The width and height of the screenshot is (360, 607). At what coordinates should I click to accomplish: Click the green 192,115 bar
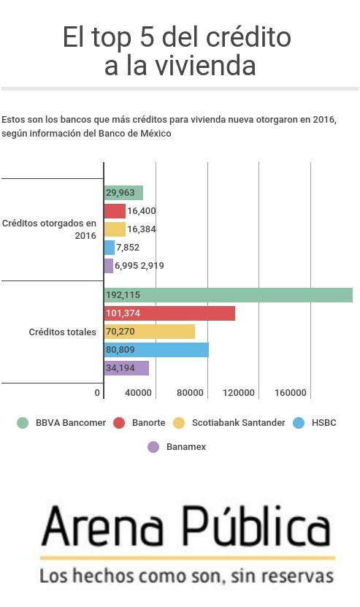(229, 295)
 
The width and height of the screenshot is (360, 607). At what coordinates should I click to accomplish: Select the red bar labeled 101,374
(169, 313)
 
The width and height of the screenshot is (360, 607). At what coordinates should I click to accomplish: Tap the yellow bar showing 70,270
(150, 332)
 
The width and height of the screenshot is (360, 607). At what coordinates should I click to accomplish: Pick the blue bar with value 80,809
(156, 350)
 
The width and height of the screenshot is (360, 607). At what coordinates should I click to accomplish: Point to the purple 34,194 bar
(126, 368)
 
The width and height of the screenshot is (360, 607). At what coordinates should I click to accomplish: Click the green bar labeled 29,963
(123, 193)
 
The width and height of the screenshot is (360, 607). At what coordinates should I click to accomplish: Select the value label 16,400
(141, 211)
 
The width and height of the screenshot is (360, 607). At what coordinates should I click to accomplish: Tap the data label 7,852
(128, 248)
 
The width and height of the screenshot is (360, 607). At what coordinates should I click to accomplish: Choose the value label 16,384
(141, 229)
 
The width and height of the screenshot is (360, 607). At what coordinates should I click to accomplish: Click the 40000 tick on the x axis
(138, 393)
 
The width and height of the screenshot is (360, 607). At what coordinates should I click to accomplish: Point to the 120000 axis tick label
(239, 393)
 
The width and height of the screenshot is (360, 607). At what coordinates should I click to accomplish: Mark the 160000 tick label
(291, 393)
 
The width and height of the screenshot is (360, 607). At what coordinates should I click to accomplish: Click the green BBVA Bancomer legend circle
(23, 423)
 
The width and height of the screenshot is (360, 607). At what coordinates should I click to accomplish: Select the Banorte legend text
(149, 423)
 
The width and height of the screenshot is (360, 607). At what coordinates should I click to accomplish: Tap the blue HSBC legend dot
(299, 423)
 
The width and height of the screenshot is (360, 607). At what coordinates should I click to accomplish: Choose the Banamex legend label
(186, 447)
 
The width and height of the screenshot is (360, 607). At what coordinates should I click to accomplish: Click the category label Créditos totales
(62, 332)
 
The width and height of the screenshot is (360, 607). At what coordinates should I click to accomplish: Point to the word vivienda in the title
(205, 66)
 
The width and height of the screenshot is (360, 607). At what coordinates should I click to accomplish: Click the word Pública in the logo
(256, 526)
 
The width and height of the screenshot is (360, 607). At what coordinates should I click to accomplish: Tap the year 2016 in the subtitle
(323, 120)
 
